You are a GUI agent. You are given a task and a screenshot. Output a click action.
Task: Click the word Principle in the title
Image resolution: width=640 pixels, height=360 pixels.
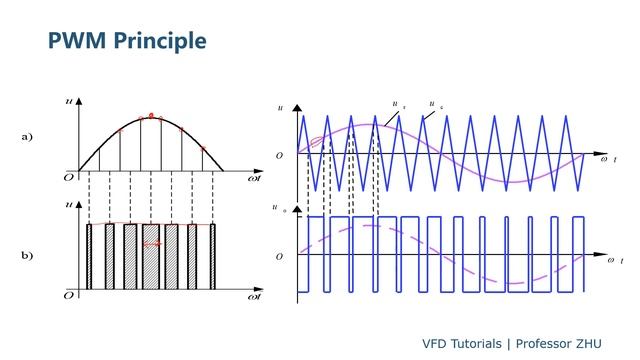pyautogui.click(x=159, y=41)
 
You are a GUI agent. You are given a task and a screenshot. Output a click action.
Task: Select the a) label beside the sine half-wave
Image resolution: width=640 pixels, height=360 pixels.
pyautogui.click(x=27, y=137)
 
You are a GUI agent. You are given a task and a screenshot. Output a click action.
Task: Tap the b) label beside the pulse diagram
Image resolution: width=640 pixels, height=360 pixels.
pyautogui.click(x=27, y=256)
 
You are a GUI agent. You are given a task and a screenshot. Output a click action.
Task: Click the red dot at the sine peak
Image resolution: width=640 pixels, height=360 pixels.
pyautogui.click(x=151, y=116)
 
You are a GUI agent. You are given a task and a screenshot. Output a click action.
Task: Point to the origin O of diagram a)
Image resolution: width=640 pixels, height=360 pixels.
pyautogui.click(x=69, y=174)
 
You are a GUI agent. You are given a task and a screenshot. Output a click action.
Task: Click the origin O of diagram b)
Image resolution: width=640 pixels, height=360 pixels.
pyautogui.click(x=69, y=295)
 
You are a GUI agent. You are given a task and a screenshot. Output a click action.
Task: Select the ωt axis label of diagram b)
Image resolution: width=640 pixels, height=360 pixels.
pyautogui.click(x=255, y=297)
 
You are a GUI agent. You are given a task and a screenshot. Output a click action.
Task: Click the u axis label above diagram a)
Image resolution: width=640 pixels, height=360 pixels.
pyautogui.click(x=67, y=99)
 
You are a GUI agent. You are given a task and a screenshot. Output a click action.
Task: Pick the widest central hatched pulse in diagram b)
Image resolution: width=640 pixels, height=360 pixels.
pyautogui.click(x=151, y=257)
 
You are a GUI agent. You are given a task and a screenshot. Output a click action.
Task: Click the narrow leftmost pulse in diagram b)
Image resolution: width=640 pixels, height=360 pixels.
pyautogui.click(x=89, y=257)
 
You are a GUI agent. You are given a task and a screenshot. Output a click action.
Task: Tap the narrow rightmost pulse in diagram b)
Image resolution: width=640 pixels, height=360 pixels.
pyautogui.click(x=212, y=257)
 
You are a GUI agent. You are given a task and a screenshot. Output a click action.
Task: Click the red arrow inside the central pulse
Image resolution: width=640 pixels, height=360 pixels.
pyautogui.click(x=152, y=243)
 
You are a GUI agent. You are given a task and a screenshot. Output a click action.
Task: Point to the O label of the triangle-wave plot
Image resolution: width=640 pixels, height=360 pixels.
pyautogui.click(x=280, y=156)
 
